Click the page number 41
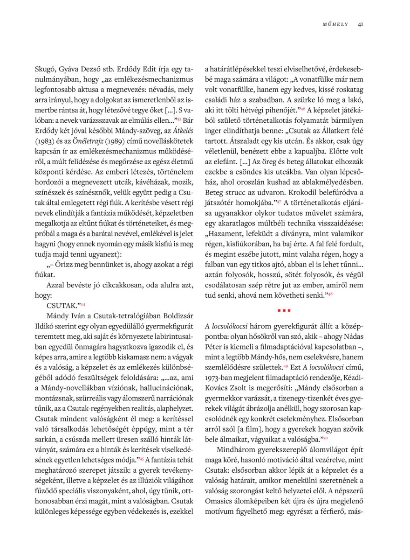(x=361, y=24)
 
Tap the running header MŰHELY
(x=335, y=24)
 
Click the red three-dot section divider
(x=284, y=310)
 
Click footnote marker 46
(x=302, y=109)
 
